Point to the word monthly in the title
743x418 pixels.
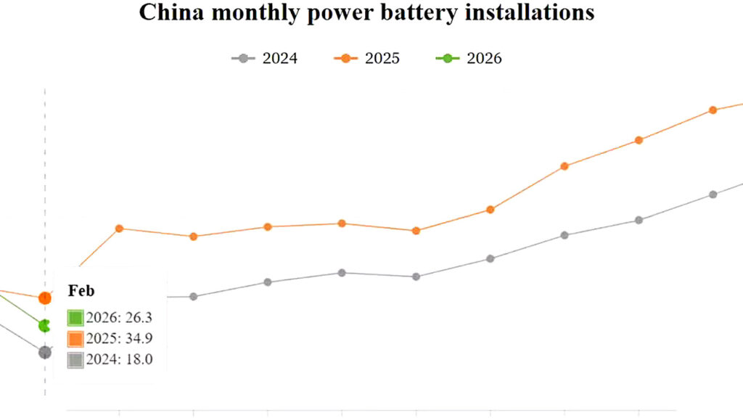255,13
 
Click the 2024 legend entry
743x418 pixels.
264,58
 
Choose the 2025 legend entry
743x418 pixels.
366,58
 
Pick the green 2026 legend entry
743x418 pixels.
469,58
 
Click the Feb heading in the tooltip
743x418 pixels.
81,290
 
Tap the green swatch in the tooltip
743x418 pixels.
75,318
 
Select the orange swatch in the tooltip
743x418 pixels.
75,339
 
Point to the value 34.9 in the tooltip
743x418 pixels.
139,338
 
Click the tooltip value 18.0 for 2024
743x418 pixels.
139,359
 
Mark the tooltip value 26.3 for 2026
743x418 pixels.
139,318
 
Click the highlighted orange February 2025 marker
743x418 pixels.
45,298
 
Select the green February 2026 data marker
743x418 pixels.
44,326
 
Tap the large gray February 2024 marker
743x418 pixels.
45,352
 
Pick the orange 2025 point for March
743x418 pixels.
120,229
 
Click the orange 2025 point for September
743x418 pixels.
565,166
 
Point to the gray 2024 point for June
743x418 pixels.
342,273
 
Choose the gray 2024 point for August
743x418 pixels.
490,259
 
